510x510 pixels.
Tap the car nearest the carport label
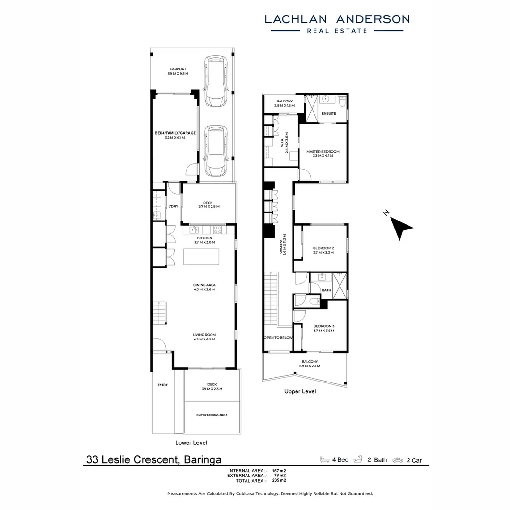[x=215, y=81]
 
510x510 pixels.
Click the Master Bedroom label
[x=323, y=152]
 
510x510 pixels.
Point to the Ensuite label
[x=329, y=114]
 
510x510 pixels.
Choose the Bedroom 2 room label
[x=323, y=248]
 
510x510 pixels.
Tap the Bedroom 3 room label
[x=323, y=326]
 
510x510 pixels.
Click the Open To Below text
[x=278, y=338]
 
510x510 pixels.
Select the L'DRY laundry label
[x=173, y=207]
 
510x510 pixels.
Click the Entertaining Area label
[x=212, y=415]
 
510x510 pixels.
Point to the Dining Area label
[x=204, y=285]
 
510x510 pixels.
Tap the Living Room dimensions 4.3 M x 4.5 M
[x=204, y=340]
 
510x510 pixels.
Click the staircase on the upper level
[x=271, y=297]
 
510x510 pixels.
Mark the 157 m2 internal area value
[x=279, y=471]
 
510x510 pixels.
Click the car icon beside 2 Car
[x=399, y=459]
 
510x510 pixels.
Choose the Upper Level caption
[x=300, y=391]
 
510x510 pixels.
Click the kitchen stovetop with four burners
[x=218, y=230]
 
